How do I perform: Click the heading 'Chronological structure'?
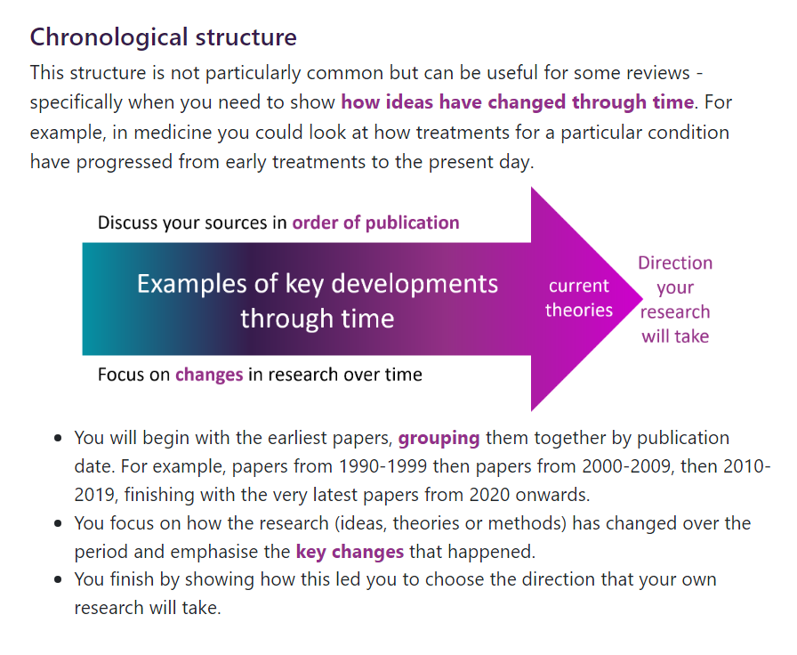163,37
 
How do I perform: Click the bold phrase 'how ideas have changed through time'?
518,102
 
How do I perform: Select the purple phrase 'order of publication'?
375,222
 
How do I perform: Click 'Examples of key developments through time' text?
318,301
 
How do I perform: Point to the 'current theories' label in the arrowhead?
579,298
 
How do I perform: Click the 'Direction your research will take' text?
675,300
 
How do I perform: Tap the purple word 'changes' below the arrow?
209,375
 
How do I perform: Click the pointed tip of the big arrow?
641,299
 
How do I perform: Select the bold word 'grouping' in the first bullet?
439,438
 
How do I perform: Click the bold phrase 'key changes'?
350,552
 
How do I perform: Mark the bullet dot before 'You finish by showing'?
58,579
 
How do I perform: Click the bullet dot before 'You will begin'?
58,438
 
